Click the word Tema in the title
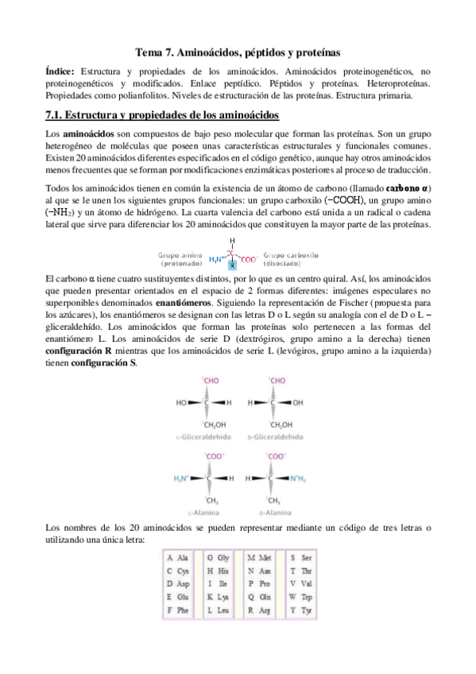tap(149, 52)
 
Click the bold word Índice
tap(60, 71)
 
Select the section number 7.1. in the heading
tap(60, 114)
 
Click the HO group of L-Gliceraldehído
tap(181, 403)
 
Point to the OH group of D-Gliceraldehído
tap(298, 403)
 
